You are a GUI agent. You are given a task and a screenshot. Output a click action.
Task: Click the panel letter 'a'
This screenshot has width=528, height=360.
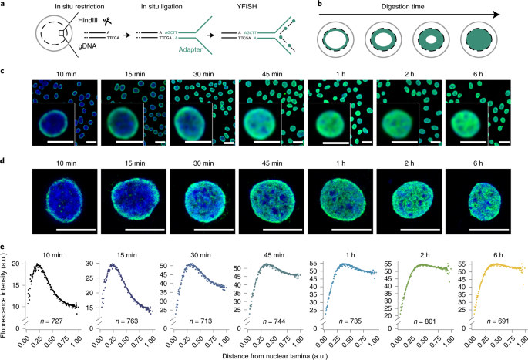point(5,5)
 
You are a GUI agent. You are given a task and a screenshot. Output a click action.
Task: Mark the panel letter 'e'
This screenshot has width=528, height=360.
point(5,247)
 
